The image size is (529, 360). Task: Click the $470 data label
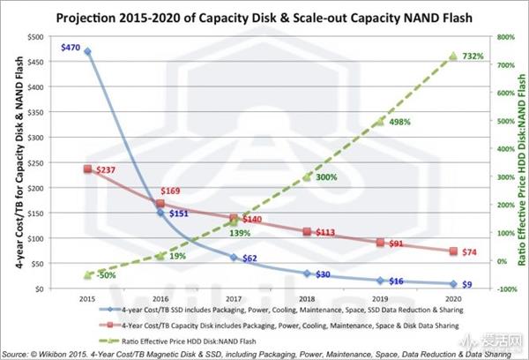tap(72, 50)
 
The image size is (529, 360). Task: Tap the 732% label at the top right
tap(473, 56)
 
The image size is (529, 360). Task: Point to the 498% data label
tap(399, 122)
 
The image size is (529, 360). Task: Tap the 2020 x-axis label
tap(453, 298)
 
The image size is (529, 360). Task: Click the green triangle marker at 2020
tap(453, 56)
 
